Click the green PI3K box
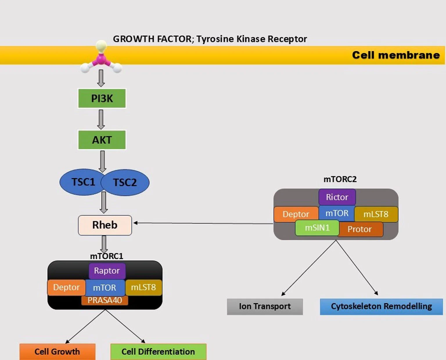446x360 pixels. tap(102, 98)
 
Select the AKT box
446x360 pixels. tap(102, 140)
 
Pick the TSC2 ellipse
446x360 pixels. tap(125, 183)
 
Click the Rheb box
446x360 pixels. tap(105, 225)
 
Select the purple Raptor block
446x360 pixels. tap(107, 271)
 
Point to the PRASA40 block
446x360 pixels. tap(105, 300)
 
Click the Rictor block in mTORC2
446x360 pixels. tap(337, 197)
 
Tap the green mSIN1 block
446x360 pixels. tap(317, 228)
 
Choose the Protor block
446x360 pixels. tap(360, 229)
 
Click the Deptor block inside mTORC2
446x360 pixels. tap(296, 214)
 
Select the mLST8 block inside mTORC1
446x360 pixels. tap(143, 287)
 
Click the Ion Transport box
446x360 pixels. tap(265, 307)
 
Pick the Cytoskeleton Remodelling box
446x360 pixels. tap(381, 307)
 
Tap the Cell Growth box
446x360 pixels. tap(57, 352)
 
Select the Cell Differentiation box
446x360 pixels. tap(158, 352)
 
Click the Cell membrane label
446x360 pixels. tap(396, 55)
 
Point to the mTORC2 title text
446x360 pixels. tap(340, 179)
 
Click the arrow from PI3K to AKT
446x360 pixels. tap(101, 119)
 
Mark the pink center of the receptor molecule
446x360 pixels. tap(101, 60)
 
